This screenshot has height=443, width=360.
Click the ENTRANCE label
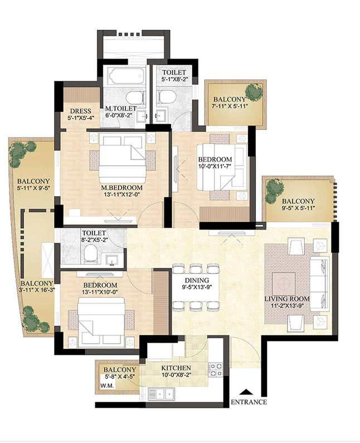(249, 402)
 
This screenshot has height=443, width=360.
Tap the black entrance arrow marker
(246, 392)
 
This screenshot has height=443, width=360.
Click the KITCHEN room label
(176, 368)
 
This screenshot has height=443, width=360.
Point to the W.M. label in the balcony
(107, 386)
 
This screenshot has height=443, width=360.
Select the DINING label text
(197, 280)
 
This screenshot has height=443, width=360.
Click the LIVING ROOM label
(287, 299)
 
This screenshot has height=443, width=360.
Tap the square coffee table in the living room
(284, 283)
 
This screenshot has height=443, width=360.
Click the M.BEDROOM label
(122, 188)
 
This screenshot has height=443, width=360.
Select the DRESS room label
(81, 111)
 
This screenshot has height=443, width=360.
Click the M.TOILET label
(121, 108)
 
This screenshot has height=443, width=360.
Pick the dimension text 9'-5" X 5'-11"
(298, 208)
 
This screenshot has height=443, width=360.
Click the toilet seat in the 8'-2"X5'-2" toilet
(90, 252)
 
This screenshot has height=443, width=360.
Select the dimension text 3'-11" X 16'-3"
(37, 290)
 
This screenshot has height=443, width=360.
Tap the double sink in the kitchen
(162, 393)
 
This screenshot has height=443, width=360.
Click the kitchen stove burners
(215, 370)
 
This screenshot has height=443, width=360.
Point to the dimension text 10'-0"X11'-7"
(215, 166)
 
